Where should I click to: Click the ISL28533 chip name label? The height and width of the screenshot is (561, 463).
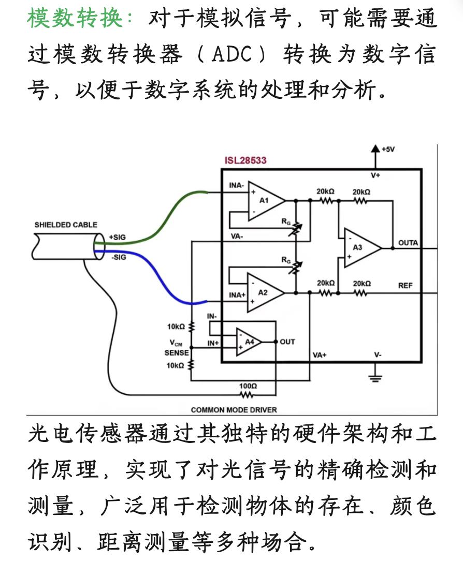pyautogui.click(x=245, y=160)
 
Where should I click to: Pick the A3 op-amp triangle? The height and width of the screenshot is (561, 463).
pyautogui.click(x=361, y=247)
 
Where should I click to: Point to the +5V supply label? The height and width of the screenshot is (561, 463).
pyautogui.click(x=387, y=149)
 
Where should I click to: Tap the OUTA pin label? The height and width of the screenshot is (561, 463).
pyautogui.click(x=408, y=242)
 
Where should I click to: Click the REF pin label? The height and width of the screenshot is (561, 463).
pyautogui.click(x=405, y=285)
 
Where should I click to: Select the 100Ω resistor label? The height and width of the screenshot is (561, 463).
pyautogui.click(x=248, y=386)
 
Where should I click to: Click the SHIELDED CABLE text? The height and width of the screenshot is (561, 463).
pyautogui.click(x=66, y=225)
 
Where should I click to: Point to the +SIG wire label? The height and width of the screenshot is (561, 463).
pyautogui.click(x=117, y=237)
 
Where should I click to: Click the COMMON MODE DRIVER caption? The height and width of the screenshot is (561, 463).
pyautogui.click(x=234, y=409)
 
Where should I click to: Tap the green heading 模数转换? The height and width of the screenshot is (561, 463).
pyautogui.click(x=76, y=19)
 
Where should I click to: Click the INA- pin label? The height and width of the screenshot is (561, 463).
pyautogui.click(x=236, y=185)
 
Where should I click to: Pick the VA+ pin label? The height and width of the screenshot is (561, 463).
pyautogui.click(x=320, y=355)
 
